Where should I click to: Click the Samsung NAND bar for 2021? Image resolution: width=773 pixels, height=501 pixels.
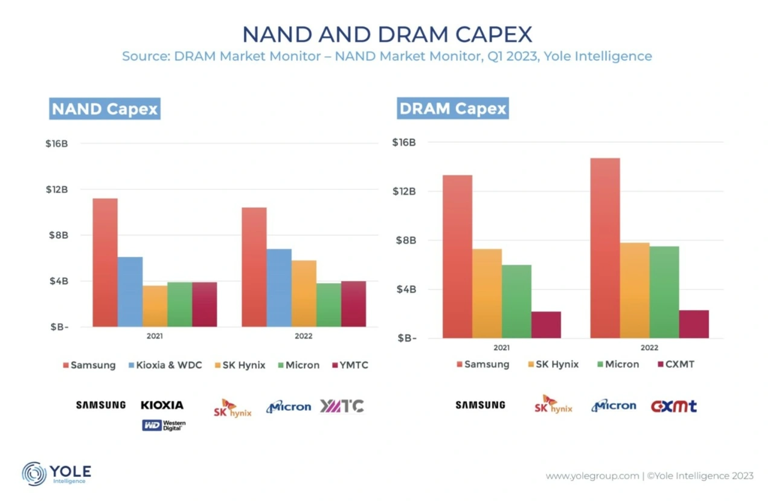(x=105, y=262)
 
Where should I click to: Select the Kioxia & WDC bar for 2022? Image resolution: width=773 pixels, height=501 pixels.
(x=279, y=288)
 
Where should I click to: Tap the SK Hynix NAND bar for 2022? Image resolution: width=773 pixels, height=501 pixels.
(x=304, y=294)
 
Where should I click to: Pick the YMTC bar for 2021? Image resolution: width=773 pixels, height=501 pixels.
(x=204, y=304)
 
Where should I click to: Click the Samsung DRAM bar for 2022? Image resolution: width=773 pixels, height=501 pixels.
(x=605, y=248)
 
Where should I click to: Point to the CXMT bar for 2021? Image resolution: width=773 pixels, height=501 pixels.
(x=546, y=325)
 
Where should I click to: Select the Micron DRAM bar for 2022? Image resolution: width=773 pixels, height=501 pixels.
(x=664, y=292)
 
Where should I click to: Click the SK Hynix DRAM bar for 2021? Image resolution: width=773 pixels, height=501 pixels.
(x=487, y=293)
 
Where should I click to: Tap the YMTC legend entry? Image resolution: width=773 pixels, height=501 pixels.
(x=350, y=365)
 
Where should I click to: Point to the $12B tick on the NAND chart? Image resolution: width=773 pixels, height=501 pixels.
(x=58, y=190)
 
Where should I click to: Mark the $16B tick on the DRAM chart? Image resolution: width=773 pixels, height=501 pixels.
(x=404, y=143)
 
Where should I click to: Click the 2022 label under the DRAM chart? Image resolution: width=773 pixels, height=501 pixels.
(x=650, y=347)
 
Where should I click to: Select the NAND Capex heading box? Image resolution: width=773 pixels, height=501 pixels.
(x=104, y=109)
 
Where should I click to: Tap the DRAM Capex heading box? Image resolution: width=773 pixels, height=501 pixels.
(x=453, y=109)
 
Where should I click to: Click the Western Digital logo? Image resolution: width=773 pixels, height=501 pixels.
(x=164, y=425)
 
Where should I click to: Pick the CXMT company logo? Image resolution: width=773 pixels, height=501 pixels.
(x=673, y=406)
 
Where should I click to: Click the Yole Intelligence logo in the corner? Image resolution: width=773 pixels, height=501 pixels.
(x=57, y=473)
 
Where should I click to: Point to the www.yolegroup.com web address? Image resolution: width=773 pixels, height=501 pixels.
(x=592, y=476)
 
